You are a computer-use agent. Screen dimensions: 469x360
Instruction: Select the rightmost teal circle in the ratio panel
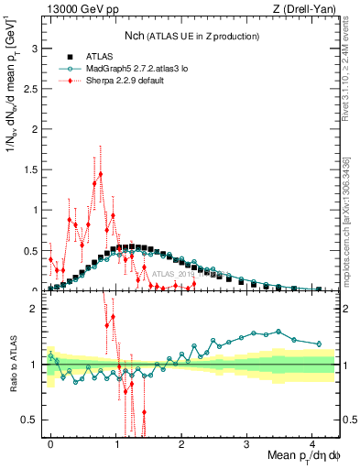[319, 344]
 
